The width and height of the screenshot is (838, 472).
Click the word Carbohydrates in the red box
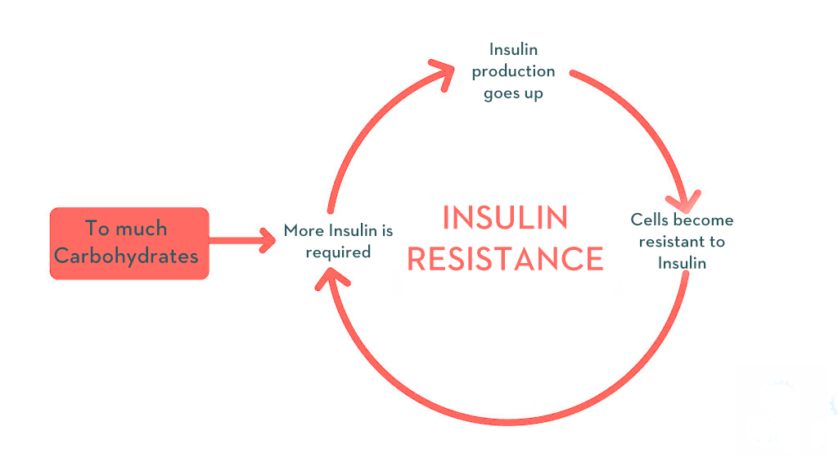pos(126,256)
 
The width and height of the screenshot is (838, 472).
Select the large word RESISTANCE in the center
pos(506,259)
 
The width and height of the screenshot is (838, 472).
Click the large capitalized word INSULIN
pos(505,218)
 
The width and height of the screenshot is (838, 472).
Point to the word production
pos(513,72)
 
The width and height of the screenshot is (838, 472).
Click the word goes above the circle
pos(501,94)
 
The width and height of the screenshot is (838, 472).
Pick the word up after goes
pos(534,94)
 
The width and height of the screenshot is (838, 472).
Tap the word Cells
pos(649,220)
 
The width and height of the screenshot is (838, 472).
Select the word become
pos(703,220)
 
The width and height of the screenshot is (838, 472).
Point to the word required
pos(338,252)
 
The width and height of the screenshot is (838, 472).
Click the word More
pos(304,230)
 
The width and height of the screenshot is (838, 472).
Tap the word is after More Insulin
pos(387,230)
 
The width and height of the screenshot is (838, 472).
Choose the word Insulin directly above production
pos(514,50)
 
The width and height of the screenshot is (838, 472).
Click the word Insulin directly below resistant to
pos(682,263)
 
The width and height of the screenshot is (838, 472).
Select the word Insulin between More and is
pos(353,230)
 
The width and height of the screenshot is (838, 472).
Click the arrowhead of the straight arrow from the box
pos(268,240)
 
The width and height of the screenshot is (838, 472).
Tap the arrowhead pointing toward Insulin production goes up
pos(443,73)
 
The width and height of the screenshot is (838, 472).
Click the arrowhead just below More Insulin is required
pos(331,278)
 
